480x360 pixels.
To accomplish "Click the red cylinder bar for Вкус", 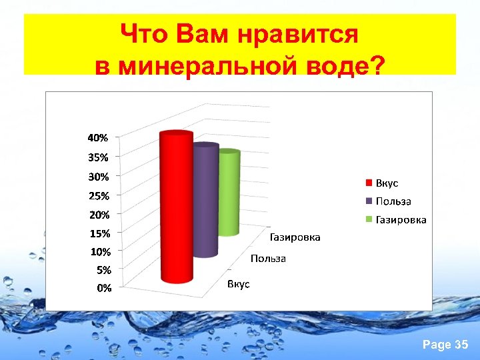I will pyautogui.click(x=177, y=207).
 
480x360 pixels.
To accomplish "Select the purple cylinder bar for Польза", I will pyautogui.click(x=205, y=200).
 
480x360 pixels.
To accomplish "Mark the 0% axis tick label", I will pyautogui.click(x=103, y=289).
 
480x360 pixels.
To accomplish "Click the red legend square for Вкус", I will pyautogui.click(x=368, y=183).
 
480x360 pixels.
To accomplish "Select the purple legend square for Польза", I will pyautogui.click(x=368, y=201).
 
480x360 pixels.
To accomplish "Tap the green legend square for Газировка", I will pyautogui.click(x=368, y=219).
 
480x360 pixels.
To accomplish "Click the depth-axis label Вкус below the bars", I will pyautogui.click(x=238, y=285).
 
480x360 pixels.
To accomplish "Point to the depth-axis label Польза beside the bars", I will pyautogui.click(x=268, y=259).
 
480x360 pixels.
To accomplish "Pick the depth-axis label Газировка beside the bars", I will pyautogui.click(x=295, y=237).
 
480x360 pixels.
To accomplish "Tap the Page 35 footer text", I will pyautogui.click(x=446, y=345).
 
